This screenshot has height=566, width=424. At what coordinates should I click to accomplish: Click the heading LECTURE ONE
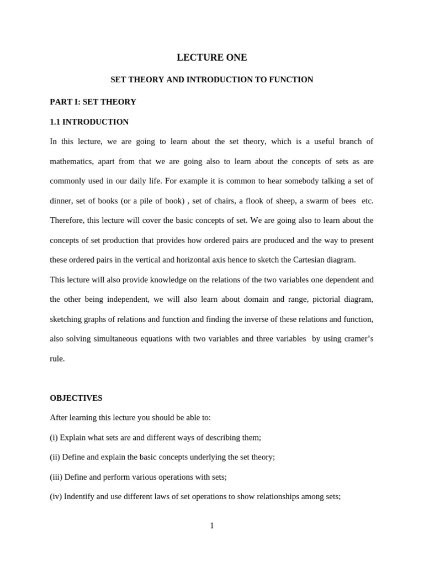coord(212,57)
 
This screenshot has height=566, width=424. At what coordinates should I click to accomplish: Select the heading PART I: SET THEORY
coord(93,102)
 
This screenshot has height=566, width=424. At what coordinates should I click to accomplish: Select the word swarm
coord(317,201)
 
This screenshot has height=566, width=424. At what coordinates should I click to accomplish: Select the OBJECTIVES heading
coord(76,398)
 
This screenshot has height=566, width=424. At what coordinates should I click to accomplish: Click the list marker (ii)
coord(55,457)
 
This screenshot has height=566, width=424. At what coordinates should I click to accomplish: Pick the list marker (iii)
coord(56,476)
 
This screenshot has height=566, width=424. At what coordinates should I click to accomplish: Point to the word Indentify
coord(81,496)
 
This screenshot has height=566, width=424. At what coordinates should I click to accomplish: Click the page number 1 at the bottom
coord(212,526)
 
